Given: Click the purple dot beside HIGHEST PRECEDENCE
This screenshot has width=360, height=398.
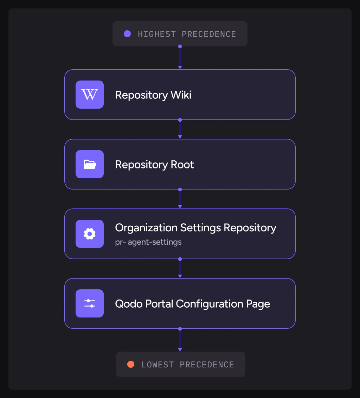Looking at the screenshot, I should click(127, 34).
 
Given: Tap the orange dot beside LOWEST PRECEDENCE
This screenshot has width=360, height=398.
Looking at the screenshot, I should click(131, 364).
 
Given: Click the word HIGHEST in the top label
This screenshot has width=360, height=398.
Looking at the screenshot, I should click(157, 34).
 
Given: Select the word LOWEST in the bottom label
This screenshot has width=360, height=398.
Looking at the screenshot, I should click(157, 365).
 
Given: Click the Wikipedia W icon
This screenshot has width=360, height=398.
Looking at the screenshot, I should click(90, 95).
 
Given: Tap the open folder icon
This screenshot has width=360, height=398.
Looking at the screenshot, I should click(90, 164).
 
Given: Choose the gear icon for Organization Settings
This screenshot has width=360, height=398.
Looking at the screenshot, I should click(90, 234).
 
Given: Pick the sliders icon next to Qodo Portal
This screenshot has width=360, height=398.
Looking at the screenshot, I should click(90, 303).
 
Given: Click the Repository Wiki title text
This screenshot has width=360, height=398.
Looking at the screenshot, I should click(153, 95).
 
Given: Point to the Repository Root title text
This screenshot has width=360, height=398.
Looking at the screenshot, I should click(155, 165).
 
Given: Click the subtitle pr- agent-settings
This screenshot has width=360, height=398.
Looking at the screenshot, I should click(148, 242).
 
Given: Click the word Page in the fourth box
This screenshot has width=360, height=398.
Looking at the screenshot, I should click(258, 304).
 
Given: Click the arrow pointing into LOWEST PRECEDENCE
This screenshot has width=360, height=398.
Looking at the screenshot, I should click(180, 340).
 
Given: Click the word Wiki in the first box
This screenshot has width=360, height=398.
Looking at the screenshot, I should click(181, 95).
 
